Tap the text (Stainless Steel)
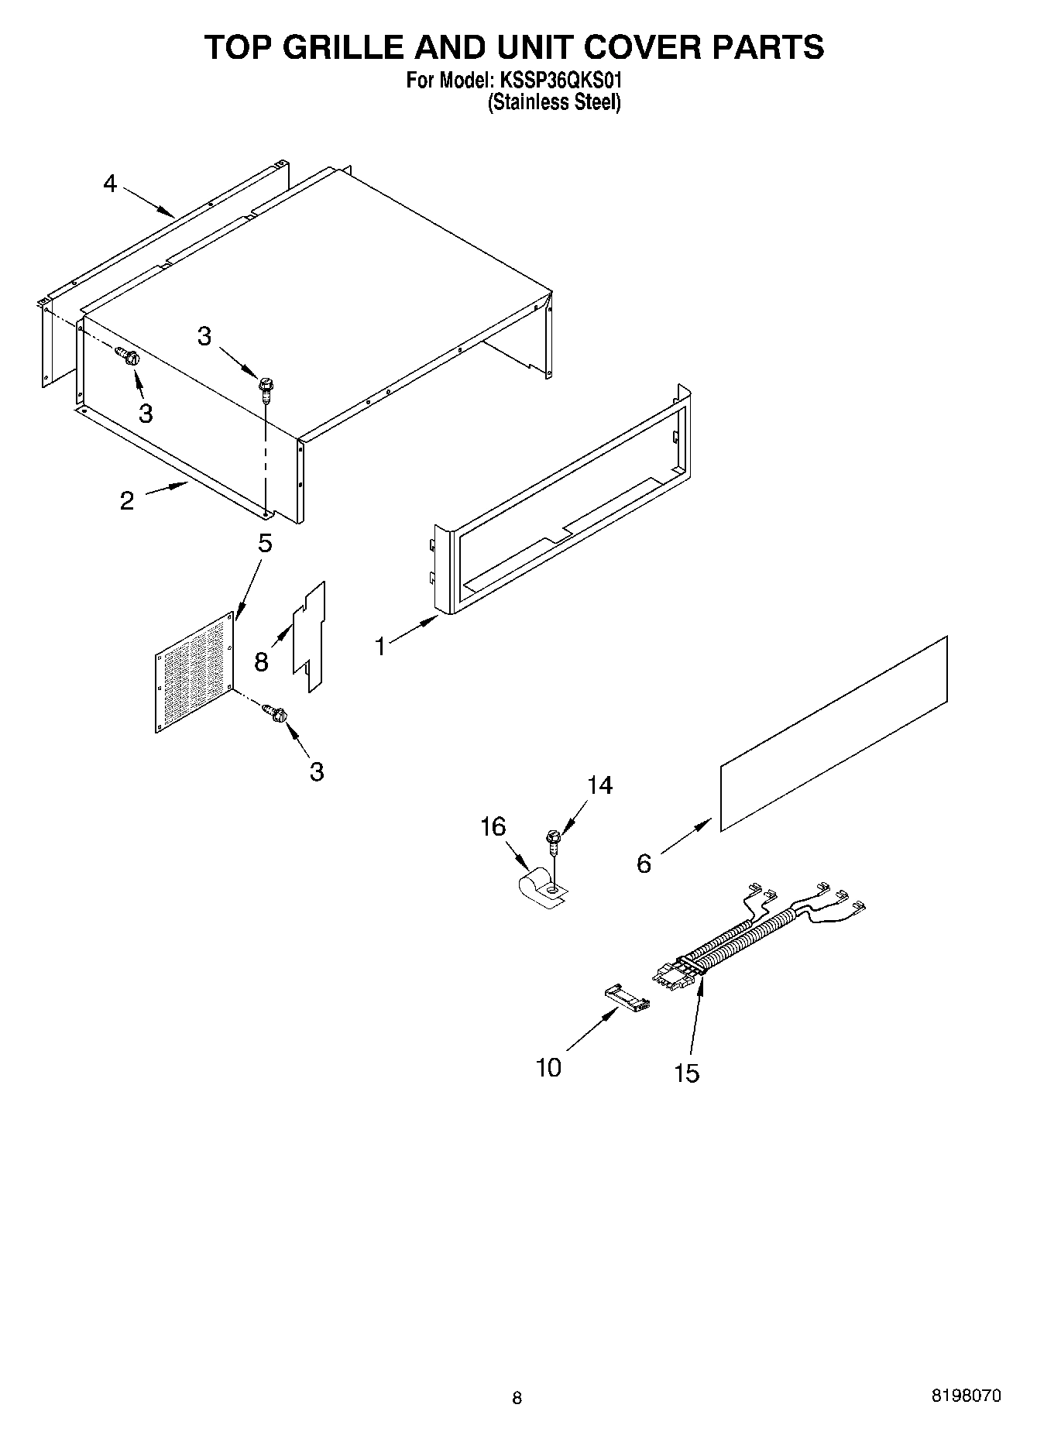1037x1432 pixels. click(x=554, y=102)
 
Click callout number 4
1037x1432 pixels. click(x=110, y=184)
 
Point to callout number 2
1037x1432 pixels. click(x=127, y=500)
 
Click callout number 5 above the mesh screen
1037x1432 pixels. click(x=265, y=544)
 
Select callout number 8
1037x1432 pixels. click(x=261, y=661)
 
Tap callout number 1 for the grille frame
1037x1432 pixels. click(x=380, y=645)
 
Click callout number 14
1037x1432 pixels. click(x=599, y=785)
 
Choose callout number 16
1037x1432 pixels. click(x=493, y=826)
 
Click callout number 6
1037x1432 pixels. click(x=644, y=864)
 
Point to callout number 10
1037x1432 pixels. click(x=548, y=1068)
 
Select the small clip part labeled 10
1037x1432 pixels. click(x=626, y=997)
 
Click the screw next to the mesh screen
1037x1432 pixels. click(x=276, y=713)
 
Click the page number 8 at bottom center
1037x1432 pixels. click(x=517, y=1398)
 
